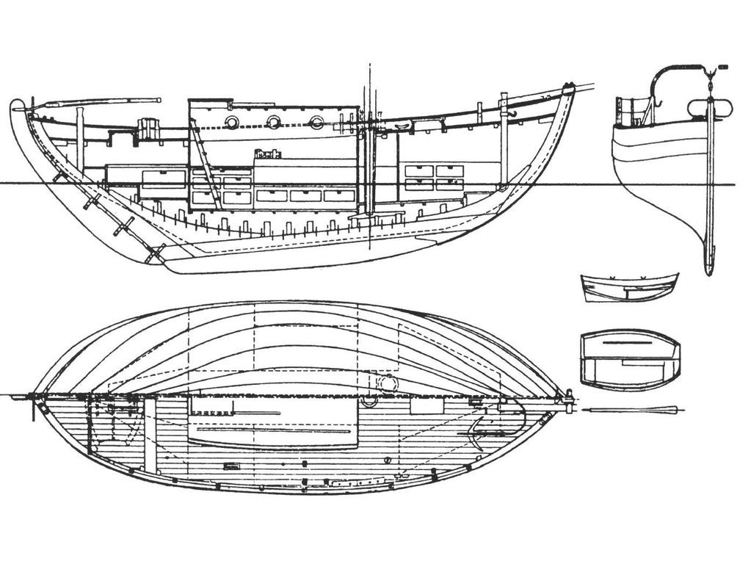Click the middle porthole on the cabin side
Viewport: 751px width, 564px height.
point(274,122)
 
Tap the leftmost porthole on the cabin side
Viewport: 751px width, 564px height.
point(231,122)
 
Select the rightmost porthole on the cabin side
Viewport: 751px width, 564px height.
point(316,122)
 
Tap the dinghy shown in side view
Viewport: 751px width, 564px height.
point(629,287)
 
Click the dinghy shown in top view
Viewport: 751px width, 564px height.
point(630,359)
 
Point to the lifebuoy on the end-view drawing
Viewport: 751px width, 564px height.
point(710,108)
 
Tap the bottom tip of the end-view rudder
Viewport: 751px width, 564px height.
point(708,272)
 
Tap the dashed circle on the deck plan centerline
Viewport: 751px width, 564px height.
point(387,383)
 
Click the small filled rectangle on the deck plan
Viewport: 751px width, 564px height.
point(232,466)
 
